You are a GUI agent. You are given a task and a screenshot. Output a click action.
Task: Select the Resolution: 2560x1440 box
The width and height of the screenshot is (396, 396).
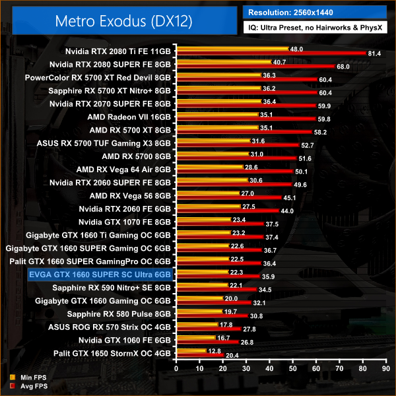pyautogui.click(x=314, y=12)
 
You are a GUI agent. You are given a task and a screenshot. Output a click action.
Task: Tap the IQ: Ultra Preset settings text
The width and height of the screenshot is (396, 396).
pyautogui.click(x=314, y=29)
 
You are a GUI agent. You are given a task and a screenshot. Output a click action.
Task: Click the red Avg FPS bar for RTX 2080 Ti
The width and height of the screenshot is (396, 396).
pyautogui.click(x=271, y=53)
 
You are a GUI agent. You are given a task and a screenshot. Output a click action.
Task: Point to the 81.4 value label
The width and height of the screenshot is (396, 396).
pyautogui.click(x=375, y=53)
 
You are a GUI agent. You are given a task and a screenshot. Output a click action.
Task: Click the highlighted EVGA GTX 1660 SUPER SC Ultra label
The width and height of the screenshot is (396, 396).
pyautogui.click(x=99, y=274)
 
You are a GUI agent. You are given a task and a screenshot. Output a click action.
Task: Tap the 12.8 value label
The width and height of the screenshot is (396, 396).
pyautogui.click(x=215, y=350)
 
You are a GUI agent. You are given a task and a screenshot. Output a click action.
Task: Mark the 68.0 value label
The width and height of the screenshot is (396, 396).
pyautogui.click(x=343, y=66)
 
